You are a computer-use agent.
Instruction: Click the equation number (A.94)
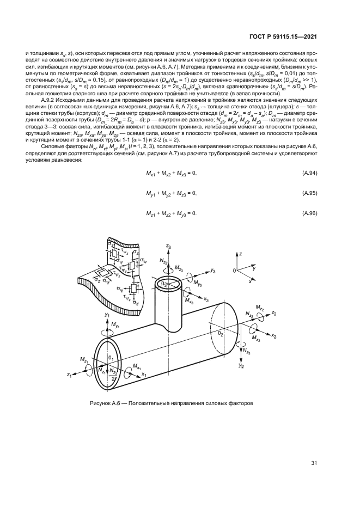[x=309, y=173]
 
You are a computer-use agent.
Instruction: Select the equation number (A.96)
[x=309, y=212]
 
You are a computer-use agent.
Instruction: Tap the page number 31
[x=314, y=463]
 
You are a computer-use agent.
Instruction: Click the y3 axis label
[x=213, y=270]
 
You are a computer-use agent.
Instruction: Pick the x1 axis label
[x=144, y=375]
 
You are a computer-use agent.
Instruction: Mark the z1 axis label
[x=69, y=375]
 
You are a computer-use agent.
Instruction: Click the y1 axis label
[x=107, y=315]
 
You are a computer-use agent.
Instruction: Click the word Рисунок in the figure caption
[x=102, y=403]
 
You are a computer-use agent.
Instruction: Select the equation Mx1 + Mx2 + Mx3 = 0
[x=170, y=173]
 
